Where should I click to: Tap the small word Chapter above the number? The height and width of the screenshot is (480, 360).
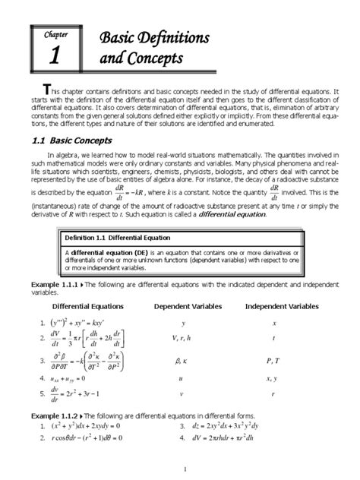[x=54, y=35]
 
